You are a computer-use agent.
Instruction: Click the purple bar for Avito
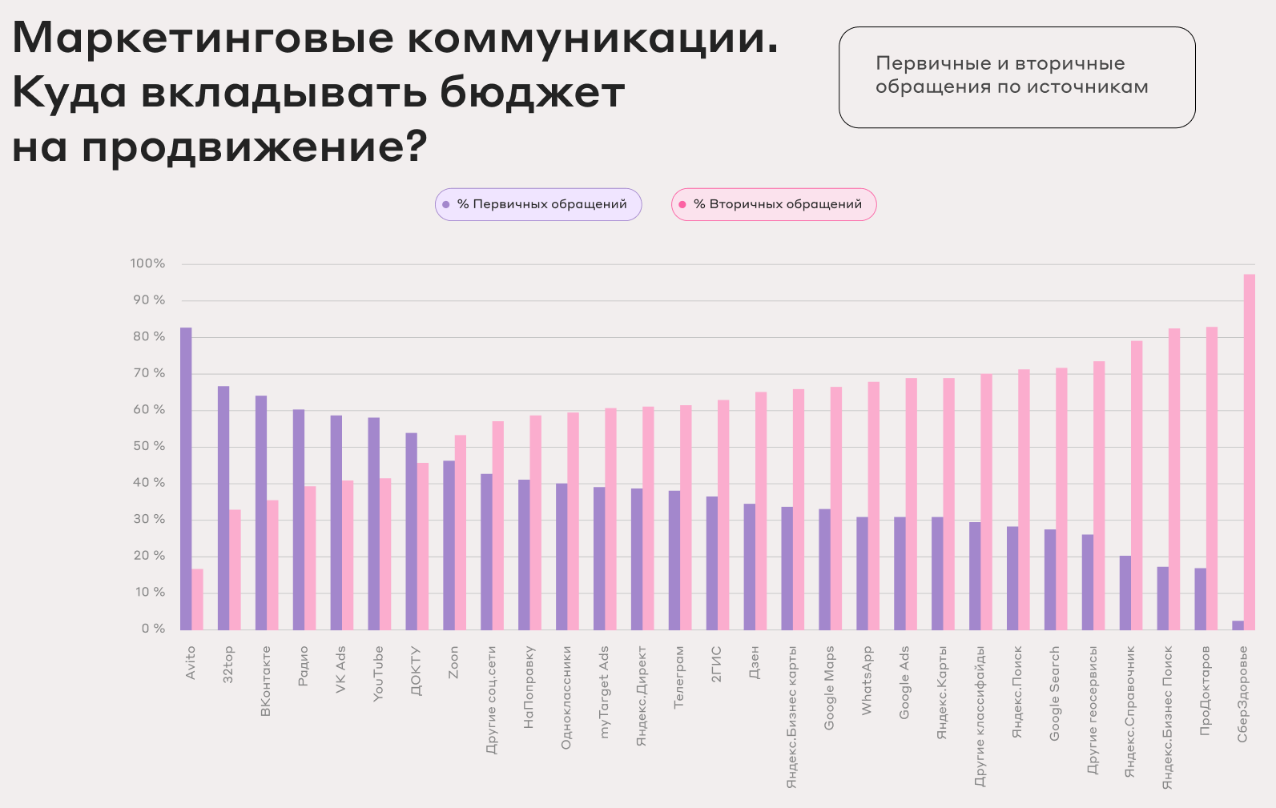[x=186, y=478]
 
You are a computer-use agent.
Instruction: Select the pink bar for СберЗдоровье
[x=1250, y=452]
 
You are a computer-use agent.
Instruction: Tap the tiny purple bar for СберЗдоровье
[x=1238, y=625]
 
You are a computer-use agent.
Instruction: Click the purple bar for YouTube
[x=374, y=523]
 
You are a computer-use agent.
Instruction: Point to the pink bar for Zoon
[x=461, y=532]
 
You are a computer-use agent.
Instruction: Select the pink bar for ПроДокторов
[x=1212, y=478]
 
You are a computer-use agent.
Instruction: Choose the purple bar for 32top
[x=223, y=508]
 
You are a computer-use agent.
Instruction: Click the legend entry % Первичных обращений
[x=538, y=204]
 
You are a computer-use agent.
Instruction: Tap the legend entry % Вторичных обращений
[x=774, y=204]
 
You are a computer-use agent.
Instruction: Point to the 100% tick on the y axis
[x=147, y=263]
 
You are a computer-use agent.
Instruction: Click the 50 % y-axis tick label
[x=149, y=446]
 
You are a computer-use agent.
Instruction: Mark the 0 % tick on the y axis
[x=153, y=629]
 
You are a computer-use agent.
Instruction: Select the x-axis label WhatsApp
[x=867, y=681]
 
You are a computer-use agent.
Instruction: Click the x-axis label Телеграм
[x=679, y=677]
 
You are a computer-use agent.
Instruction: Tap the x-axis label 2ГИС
[x=716, y=664]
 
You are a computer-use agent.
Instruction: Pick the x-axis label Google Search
[x=1055, y=693]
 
